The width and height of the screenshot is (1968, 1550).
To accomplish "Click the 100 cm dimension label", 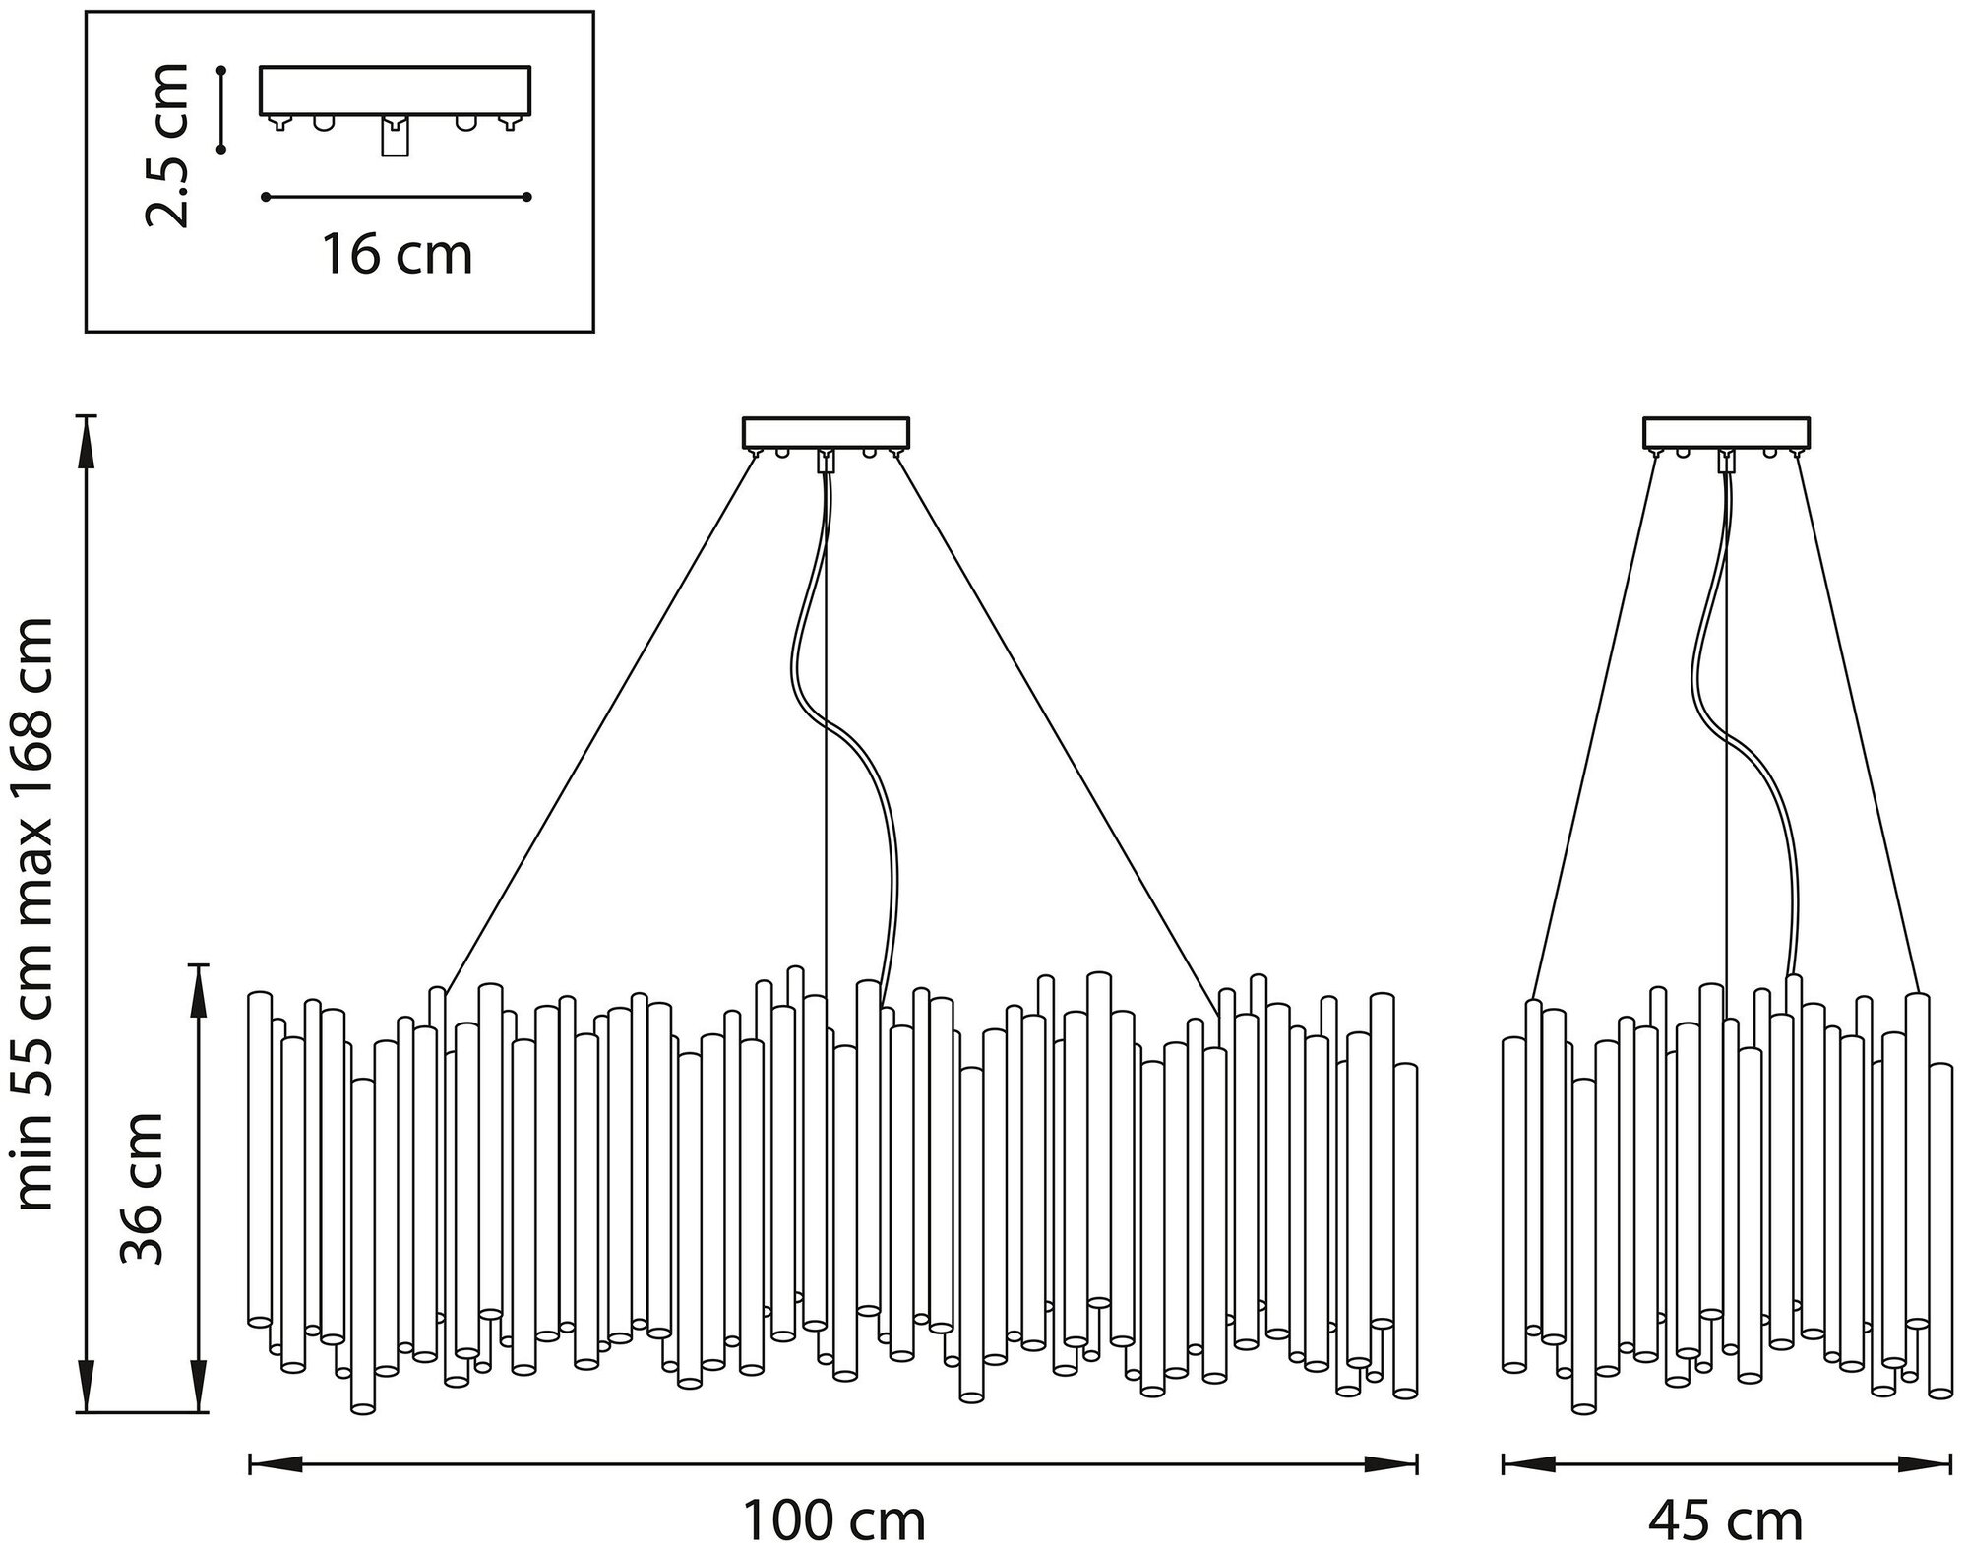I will [833, 1520].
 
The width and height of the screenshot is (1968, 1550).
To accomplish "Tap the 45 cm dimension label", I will [1725, 1520].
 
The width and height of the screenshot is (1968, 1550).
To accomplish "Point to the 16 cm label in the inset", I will [397, 255].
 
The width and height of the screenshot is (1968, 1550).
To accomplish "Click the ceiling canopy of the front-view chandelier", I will [825, 432].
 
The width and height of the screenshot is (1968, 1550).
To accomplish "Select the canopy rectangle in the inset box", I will [395, 91].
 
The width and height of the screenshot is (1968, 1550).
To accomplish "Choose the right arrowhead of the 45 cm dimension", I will [1927, 1465].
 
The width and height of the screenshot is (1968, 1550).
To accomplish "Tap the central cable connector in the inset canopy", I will [395, 136].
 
